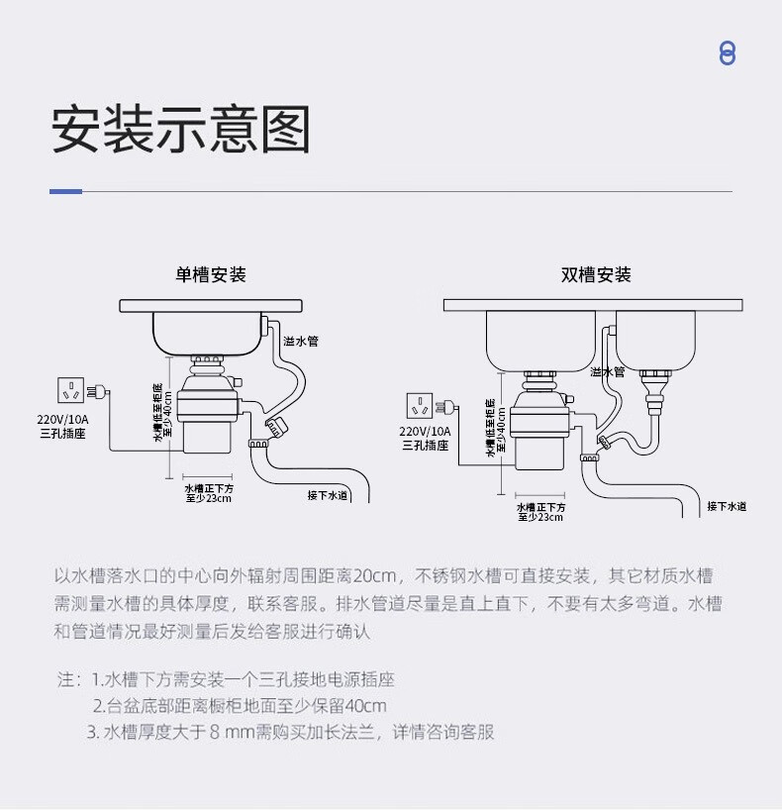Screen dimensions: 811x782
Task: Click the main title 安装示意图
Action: [181, 129]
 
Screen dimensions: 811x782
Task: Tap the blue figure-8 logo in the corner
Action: [728, 53]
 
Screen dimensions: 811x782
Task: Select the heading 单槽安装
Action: [211, 275]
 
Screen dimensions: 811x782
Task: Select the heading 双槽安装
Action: [596, 275]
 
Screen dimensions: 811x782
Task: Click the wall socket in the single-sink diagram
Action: [71, 391]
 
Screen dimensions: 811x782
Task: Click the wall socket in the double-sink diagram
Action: [421, 406]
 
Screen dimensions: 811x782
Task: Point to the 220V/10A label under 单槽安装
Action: [63, 419]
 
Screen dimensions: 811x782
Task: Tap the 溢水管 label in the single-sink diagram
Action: [300, 341]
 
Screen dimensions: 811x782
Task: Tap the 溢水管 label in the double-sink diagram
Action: [608, 372]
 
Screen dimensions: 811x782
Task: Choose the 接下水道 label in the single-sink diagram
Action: [328, 495]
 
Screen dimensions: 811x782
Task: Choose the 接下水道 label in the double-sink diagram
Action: [727, 507]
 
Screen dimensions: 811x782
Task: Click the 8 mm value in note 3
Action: [232, 733]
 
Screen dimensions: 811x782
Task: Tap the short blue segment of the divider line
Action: [66, 191]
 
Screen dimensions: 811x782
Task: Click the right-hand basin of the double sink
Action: [656, 340]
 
